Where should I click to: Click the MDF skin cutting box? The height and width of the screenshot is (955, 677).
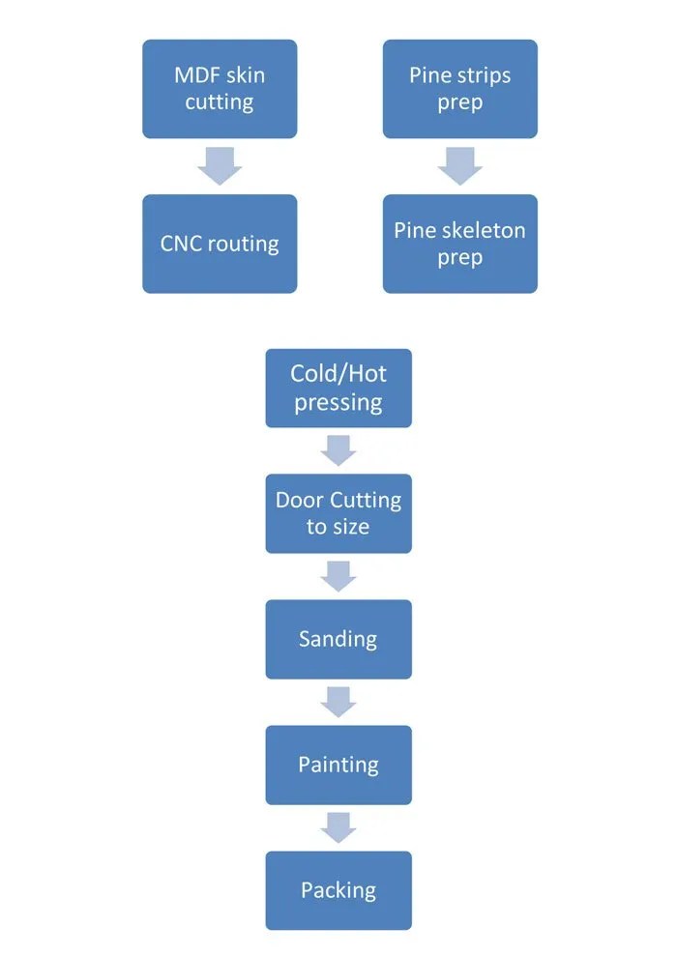tap(220, 89)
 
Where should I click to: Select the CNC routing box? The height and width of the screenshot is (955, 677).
tap(220, 244)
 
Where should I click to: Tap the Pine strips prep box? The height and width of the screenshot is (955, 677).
tap(459, 89)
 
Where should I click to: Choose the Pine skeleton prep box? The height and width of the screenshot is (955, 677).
tap(459, 244)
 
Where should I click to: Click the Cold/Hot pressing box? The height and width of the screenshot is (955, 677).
tap(338, 388)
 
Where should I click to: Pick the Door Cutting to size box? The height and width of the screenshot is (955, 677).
tap(338, 513)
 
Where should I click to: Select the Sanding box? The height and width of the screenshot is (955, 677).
tap(338, 639)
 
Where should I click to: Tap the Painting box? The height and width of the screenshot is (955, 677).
tap(338, 765)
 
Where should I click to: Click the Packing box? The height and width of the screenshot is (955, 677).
tap(338, 890)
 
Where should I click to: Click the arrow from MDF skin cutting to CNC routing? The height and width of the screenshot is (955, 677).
tap(220, 167)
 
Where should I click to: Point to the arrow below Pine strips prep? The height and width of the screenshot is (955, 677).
tap(459, 167)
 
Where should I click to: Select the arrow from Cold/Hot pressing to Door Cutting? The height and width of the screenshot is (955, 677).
tap(338, 450)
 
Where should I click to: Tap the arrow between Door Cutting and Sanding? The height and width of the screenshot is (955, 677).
tap(338, 576)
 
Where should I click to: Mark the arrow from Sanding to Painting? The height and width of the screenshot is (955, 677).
tap(338, 702)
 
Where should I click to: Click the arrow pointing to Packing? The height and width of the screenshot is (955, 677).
tap(338, 827)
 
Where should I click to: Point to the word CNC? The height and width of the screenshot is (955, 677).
tap(182, 244)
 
